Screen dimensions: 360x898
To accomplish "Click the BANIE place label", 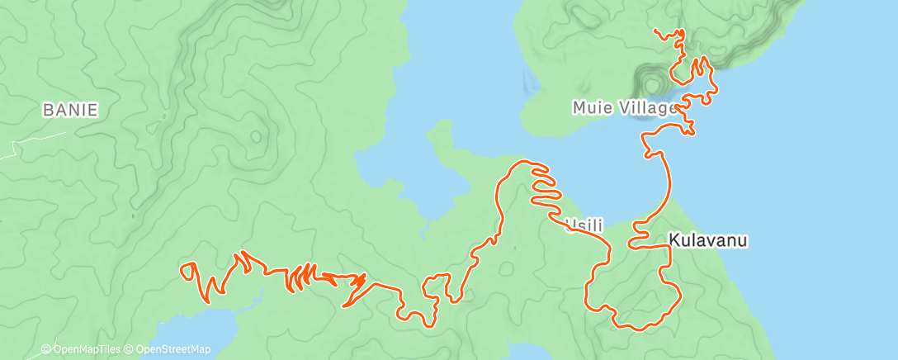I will coord(71,110).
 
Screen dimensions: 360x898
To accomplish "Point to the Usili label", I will coord(584,225).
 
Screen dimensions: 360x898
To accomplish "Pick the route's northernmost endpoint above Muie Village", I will coord(655,32).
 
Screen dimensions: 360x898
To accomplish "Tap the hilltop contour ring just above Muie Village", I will coord(650,83).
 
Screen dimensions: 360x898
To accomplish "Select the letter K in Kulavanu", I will coord(673,241).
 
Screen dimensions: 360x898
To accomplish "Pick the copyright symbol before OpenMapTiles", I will coord(46,349).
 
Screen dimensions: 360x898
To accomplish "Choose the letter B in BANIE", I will coord(48,110).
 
